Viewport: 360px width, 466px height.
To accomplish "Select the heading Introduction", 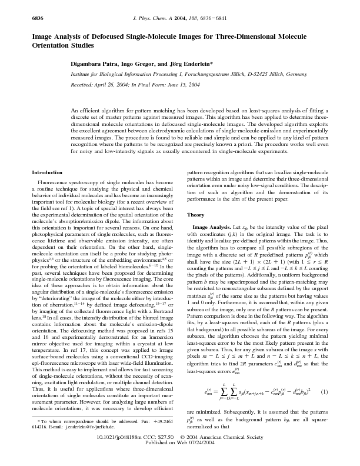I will coord(46,172).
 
